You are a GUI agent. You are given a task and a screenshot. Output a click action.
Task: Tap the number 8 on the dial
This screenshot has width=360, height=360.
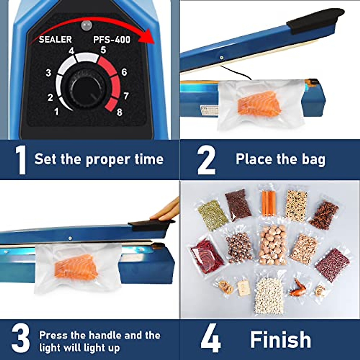(119, 112)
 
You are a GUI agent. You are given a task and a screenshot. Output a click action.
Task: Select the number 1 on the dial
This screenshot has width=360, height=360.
(56, 112)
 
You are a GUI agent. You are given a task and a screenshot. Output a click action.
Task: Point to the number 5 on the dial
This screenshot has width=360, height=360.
(103, 50)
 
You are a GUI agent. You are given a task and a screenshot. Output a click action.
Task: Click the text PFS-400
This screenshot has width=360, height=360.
(112, 39)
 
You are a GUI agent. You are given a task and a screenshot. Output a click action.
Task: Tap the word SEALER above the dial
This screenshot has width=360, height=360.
(55, 39)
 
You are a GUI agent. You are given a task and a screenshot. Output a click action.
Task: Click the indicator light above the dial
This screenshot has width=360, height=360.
(86, 26)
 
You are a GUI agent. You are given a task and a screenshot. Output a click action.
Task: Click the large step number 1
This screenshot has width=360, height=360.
(20, 160)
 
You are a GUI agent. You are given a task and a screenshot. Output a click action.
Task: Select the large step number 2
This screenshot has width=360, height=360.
(206, 160)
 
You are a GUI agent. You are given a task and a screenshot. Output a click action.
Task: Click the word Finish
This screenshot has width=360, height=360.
(280, 339)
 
